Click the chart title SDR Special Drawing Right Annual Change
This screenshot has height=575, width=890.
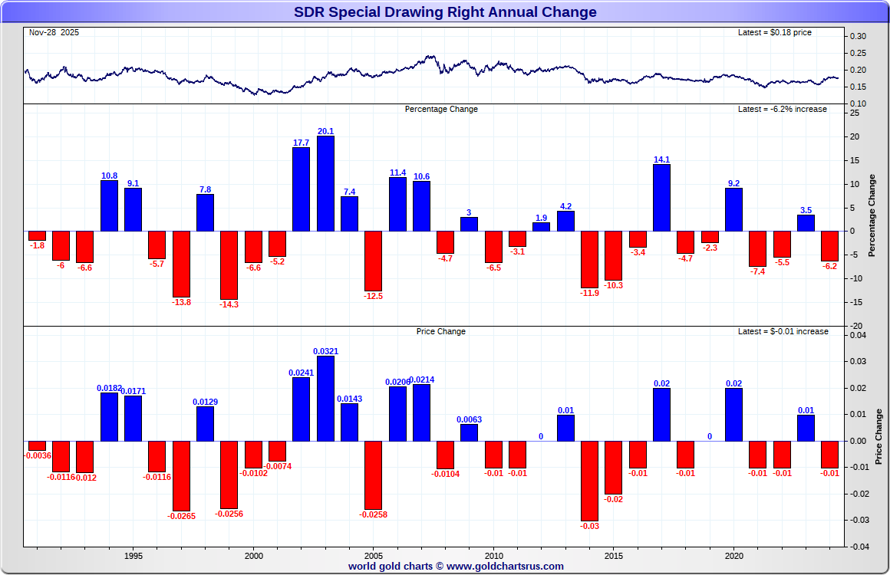(445, 12)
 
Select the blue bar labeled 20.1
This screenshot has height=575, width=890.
(325, 183)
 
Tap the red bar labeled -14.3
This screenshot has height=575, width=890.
(229, 264)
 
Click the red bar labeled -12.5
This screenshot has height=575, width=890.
(374, 261)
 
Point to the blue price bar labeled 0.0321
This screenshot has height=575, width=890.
(325, 399)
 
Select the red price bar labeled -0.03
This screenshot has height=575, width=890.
(589, 481)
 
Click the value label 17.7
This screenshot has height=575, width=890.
(301, 143)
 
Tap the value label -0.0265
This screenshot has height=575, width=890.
(181, 516)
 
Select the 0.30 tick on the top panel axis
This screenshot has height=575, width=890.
(859, 36)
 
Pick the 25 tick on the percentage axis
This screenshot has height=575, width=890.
(855, 113)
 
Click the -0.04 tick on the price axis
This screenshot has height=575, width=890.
(857, 547)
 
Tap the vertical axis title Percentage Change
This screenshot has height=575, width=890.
(872, 215)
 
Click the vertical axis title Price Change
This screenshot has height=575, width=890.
(878, 437)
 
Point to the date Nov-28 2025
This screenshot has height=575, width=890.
(54, 33)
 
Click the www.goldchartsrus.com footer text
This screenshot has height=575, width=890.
(505, 567)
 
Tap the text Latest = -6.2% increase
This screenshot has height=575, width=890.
(782, 110)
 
